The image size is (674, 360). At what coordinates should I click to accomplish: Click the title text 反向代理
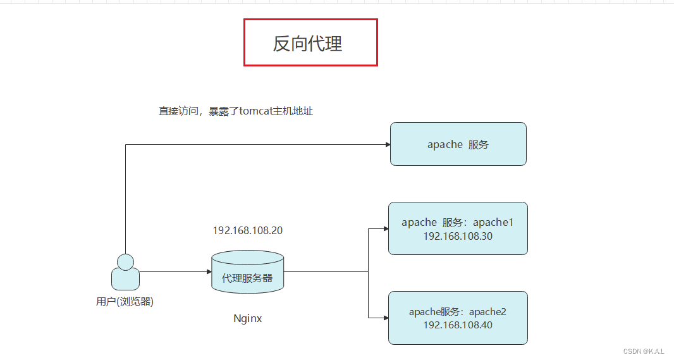coord(307,43)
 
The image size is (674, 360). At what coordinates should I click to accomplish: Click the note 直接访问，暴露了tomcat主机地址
coord(235,111)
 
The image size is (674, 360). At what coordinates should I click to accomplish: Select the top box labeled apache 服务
coord(458,144)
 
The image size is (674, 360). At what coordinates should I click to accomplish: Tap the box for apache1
coord(458,228)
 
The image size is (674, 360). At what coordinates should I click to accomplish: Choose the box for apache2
coord(458,318)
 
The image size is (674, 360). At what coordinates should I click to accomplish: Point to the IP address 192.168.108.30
coord(458,236)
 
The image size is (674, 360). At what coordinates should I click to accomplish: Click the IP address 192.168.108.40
coord(458,325)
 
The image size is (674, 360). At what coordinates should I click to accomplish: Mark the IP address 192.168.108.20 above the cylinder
coord(247,230)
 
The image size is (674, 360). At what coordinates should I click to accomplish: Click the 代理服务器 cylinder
coord(247,277)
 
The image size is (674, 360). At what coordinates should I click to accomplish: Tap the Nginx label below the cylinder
coord(247,318)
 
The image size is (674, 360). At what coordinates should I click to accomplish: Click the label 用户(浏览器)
coord(125,302)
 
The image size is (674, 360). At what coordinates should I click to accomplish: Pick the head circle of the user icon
coord(125,261)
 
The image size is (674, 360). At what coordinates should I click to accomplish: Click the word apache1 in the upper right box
coord(493,222)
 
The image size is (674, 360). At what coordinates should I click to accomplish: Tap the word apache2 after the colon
coord(487,312)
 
